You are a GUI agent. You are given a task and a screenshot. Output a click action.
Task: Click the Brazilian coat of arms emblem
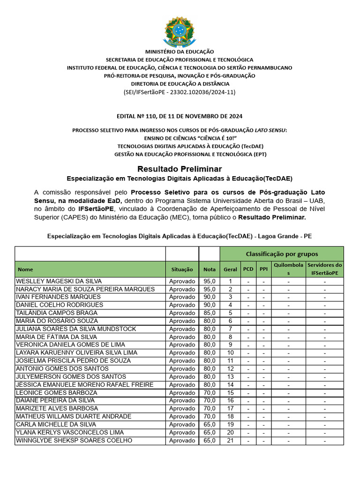tap(180, 31)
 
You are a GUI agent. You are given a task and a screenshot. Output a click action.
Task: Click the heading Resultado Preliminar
tap(180, 169)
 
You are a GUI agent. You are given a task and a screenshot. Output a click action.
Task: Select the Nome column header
tap(26, 270)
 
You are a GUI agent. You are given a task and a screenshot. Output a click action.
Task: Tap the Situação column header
tap(182, 270)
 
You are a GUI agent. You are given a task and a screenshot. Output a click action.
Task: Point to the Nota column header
tap(210, 270)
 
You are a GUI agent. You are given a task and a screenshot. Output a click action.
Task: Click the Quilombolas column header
tap(288, 269)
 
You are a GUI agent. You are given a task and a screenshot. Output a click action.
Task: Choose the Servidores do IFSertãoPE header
tap(324, 269)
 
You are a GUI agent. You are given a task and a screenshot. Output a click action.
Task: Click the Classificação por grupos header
tap(282, 254)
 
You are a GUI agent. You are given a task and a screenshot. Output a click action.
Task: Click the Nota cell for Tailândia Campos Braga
tap(210, 313)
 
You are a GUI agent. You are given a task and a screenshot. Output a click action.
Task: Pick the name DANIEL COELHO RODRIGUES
tap(60, 305)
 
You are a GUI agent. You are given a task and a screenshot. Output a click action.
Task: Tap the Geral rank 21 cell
tap(230, 441)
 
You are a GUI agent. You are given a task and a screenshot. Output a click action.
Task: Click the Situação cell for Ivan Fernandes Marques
tap(182, 297)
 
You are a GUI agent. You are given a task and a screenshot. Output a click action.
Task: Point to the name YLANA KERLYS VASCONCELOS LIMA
tap(70, 432)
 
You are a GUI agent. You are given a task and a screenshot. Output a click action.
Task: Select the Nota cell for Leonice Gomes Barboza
tap(210, 393)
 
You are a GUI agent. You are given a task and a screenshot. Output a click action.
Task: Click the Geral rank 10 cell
tap(230, 353)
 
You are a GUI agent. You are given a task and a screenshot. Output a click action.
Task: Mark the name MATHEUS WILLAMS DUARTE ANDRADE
tap(74, 416)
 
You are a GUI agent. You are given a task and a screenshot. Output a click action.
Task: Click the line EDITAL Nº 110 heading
tap(180, 116)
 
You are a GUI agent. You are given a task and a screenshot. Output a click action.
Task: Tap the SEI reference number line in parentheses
tap(180, 92)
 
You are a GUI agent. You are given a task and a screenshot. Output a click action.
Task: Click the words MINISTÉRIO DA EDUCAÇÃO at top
tap(180, 52)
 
